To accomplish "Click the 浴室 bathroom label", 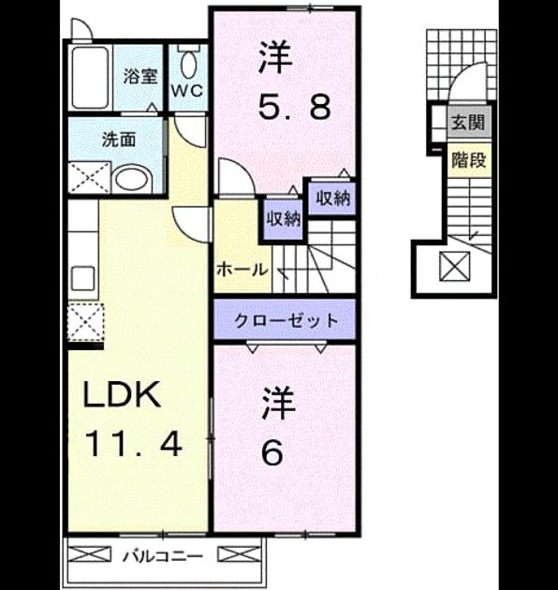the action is (x=140, y=77).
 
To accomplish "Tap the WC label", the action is (x=187, y=91).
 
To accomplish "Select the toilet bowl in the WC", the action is (x=188, y=64).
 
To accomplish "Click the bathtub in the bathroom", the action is (x=90, y=78).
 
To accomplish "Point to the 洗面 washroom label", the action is (x=119, y=140).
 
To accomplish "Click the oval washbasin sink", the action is (x=132, y=180).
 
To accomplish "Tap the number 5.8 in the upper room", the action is (x=294, y=107).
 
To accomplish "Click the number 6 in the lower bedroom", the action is (x=272, y=452).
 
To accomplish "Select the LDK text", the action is (x=122, y=394).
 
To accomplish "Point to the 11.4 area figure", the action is (x=134, y=444).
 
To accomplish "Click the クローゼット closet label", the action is (x=286, y=320).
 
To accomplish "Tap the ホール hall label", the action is (x=242, y=270).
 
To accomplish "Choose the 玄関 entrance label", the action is (x=468, y=122).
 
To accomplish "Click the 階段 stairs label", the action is (x=469, y=160).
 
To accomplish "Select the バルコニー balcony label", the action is (x=163, y=556).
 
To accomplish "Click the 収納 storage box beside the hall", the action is (x=284, y=219).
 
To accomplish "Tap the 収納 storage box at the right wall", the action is (x=332, y=198).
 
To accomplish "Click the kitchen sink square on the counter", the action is (x=82, y=278).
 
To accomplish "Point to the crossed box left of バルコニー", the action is (x=90, y=554).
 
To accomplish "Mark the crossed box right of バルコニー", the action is (x=240, y=554).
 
